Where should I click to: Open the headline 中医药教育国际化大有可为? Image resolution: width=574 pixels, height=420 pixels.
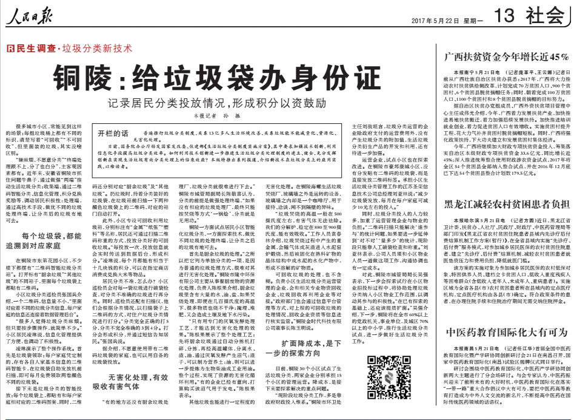tap(505, 332)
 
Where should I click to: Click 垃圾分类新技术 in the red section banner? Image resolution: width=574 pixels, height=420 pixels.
tap(98, 49)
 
